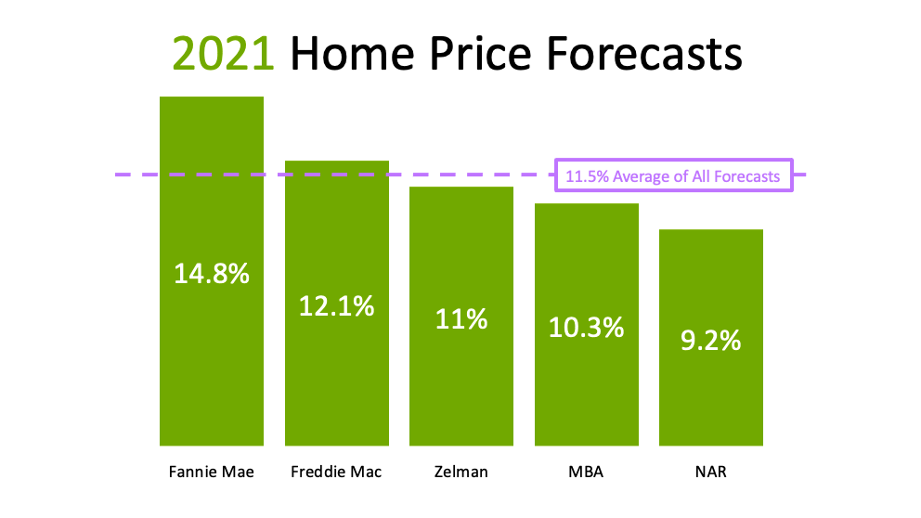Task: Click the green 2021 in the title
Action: (223, 54)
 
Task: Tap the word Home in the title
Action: (354, 54)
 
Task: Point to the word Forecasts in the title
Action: (644, 54)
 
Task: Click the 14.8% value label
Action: (212, 274)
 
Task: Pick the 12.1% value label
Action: (337, 306)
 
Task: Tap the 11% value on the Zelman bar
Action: (461, 319)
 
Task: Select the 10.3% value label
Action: (586, 327)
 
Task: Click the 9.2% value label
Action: (711, 341)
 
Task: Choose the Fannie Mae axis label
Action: (212, 472)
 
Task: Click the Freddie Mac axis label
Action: (337, 472)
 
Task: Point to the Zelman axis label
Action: (461, 472)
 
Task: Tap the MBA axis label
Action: (586, 472)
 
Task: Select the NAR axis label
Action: (711, 472)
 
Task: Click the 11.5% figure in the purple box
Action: (587, 176)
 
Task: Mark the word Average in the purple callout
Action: (642, 176)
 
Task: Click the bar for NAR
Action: (711, 338)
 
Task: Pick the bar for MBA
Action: (586, 325)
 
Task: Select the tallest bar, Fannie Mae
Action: (212, 271)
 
